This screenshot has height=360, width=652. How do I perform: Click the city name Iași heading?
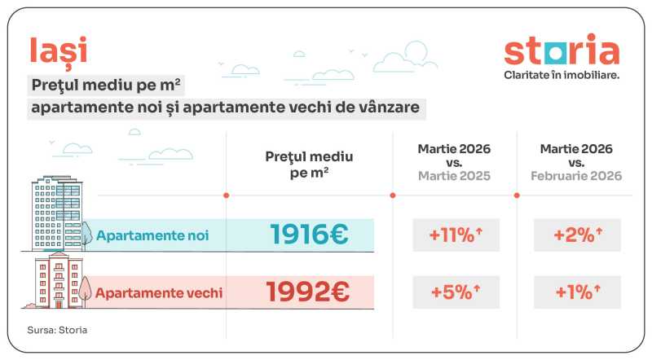click(58, 50)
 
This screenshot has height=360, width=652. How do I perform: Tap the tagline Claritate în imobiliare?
click(562, 75)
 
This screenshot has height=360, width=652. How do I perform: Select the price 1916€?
click(309, 235)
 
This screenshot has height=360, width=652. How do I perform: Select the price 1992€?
click(309, 292)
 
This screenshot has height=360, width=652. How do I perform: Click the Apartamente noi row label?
click(152, 236)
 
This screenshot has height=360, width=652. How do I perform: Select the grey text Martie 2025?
click(454, 176)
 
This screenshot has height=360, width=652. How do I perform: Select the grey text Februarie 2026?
click(576, 176)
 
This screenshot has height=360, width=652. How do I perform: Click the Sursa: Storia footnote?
click(58, 330)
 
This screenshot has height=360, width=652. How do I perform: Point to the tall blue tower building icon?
click(55, 213)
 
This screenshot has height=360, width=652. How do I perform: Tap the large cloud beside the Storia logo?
click(415, 55)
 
